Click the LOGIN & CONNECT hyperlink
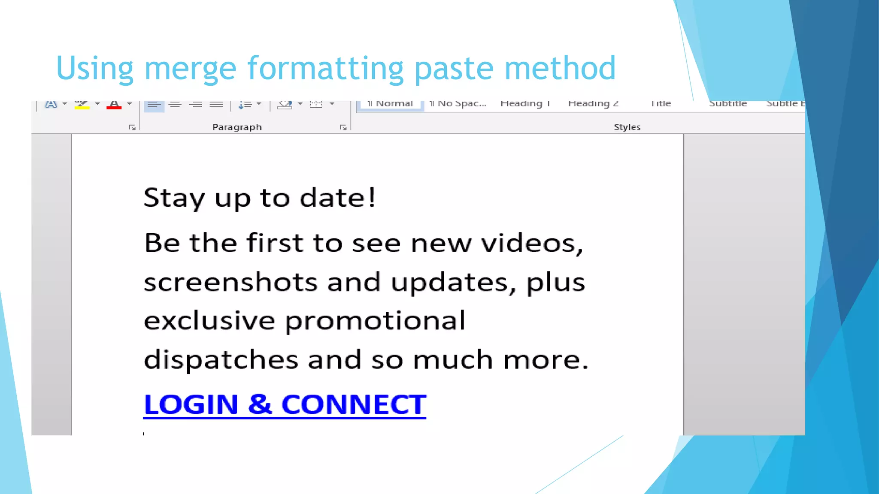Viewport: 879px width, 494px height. (x=285, y=404)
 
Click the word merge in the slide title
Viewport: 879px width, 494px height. (x=190, y=69)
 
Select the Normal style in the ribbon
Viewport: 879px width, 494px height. (x=390, y=104)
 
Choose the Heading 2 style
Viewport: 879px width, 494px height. (x=593, y=104)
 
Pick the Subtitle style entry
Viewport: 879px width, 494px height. (x=728, y=104)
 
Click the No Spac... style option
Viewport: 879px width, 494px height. (x=458, y=104)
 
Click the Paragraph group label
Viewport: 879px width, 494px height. (x=237, y=127)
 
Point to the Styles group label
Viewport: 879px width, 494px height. (x=627, y=127)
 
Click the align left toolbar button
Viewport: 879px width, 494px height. (x=154, y=105)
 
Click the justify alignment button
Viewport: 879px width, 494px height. (x=216, y=105)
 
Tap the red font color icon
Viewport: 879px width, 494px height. (x=114, y=105)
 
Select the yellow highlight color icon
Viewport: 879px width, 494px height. (x=82, y=105)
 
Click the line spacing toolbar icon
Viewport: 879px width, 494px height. (x=245, y=105)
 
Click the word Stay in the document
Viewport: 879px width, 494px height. (x=174, y=198)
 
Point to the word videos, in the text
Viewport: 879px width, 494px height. (x=532, y=244)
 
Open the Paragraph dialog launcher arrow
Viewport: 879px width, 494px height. (x=343, y=127)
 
